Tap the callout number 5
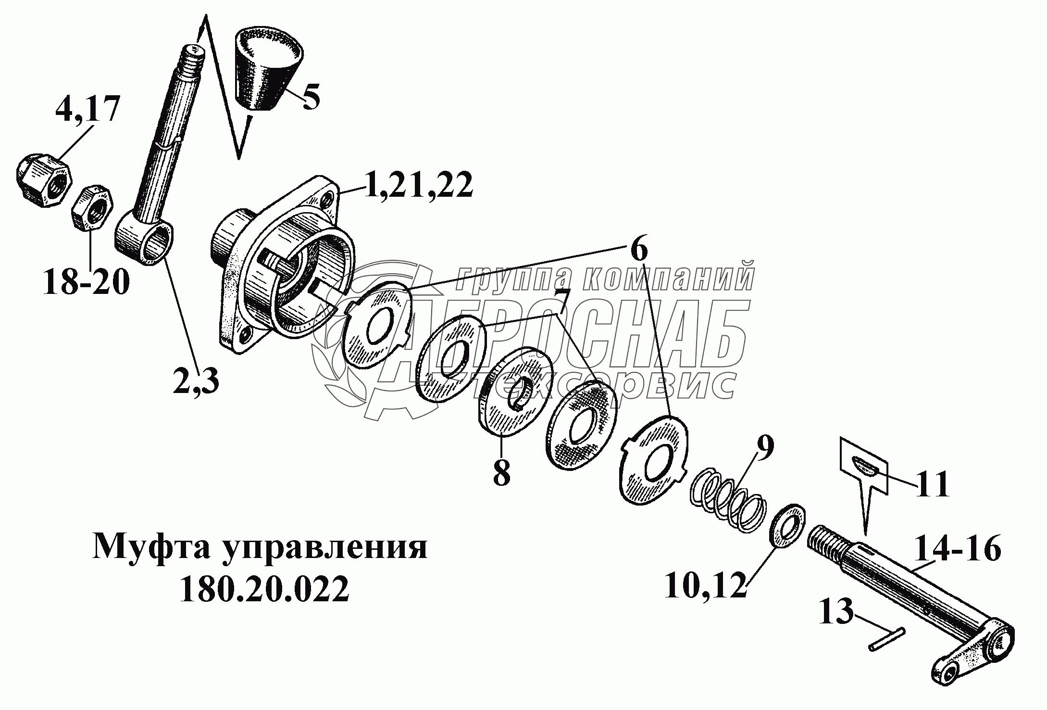pyautogui.click(x=311, y=96)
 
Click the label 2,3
pyautogui.click(x=196, y=381)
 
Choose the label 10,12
pyautogui.click(x=705, y=582)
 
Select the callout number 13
pyautogui.click(x=837, y=611)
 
